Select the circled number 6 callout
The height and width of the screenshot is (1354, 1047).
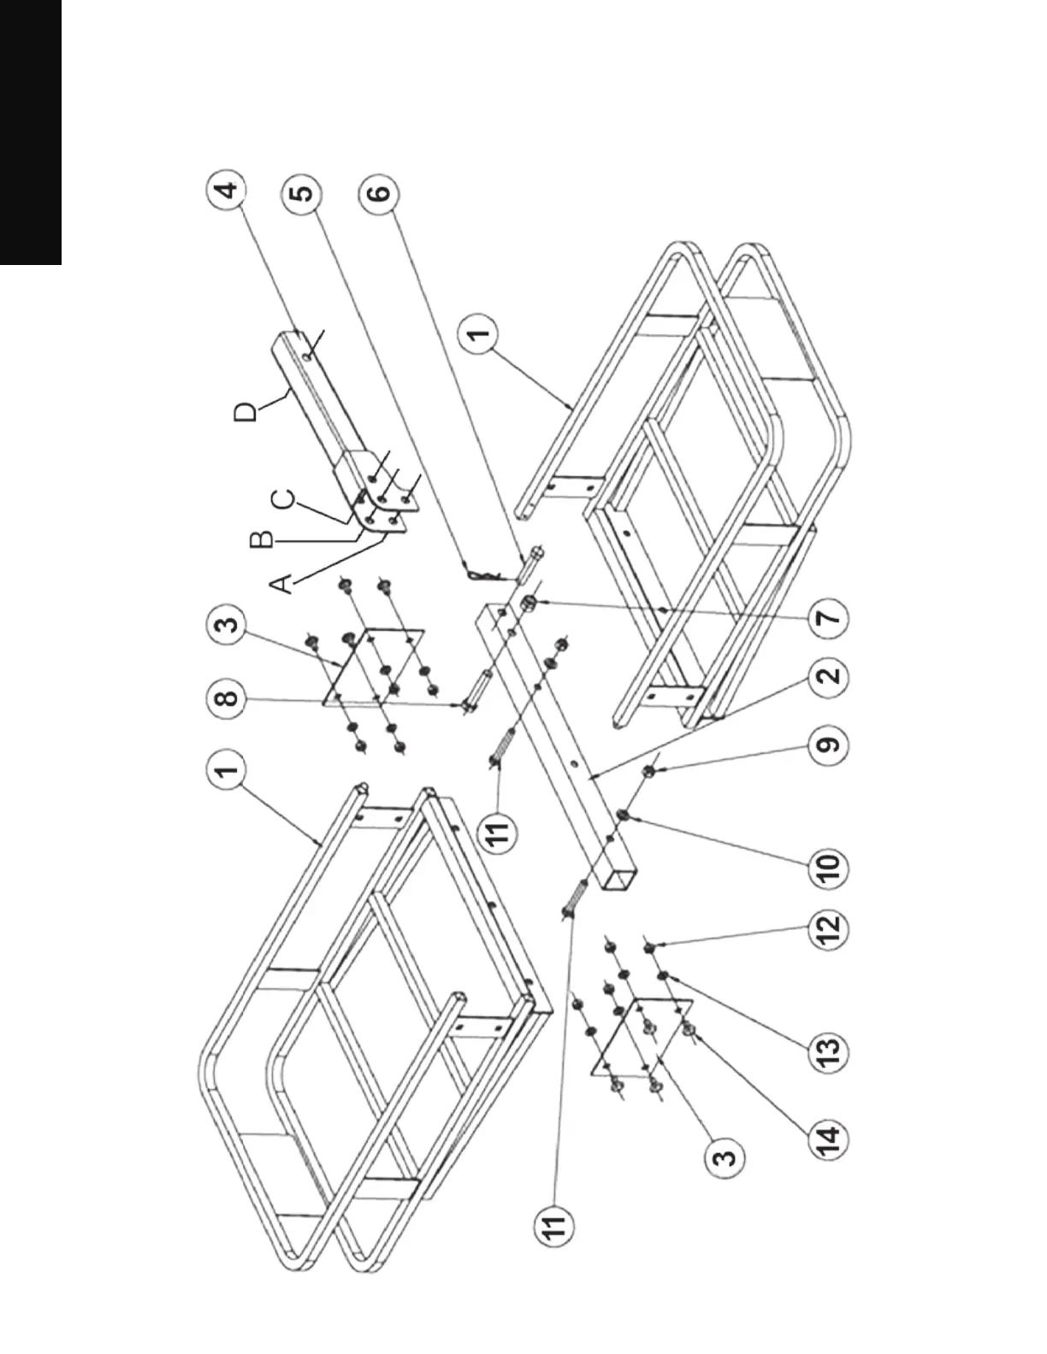pyautogui.click(x=378, y=191)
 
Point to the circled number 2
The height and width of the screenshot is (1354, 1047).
pyautogui.click(x=829, y=677)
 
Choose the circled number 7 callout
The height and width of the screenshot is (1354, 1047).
pyautogui.click(x=829, y=617)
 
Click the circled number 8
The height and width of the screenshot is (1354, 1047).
pyautogui.click(x=226, y=699)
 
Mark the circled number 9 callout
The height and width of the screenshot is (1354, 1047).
pyautogui.click(x=829, y=744)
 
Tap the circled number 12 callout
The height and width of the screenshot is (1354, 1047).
pyautogui.click(x=829, y=929)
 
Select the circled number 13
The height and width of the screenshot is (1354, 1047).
pyautogui.click(x=829, y=1049)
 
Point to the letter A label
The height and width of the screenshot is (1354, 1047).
pyautogui.click(x=282, y=583)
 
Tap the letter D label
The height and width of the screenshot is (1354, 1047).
pyautogui.click(x=245, y=413)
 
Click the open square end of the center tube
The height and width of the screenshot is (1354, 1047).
pyautogui.click(x=618, y=878)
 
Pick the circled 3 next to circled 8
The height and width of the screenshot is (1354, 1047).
pyautogui.click(x=226, y=626)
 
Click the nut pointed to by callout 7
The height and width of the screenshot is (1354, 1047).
pyautogui.click(x=529, y=603)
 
